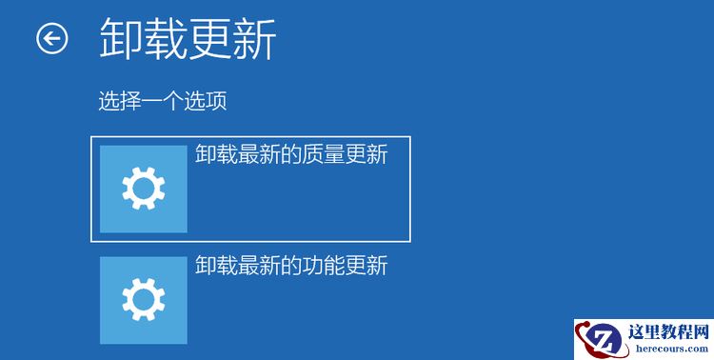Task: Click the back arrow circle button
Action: (52, 39)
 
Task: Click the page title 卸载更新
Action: (188, 40)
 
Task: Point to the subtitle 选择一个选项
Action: (162, 100)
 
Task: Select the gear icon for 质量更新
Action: (144, 190)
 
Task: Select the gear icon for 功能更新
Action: (144, 300)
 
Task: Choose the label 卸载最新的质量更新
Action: (291, 154)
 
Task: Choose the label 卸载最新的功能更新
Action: (291, 265)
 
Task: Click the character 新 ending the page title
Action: (255, 40)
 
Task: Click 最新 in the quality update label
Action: (252, 154)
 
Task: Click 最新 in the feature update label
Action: (252, 265)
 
